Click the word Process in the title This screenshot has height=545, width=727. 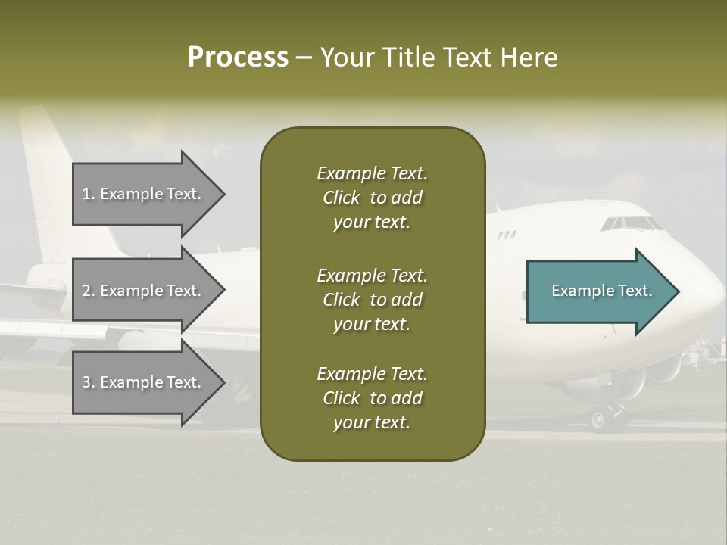(x=238, y=58)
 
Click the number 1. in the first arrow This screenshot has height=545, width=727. (x=89, y=194)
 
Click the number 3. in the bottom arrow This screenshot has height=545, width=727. (x=89, y=382)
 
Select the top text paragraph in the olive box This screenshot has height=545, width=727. (x=372, y=198)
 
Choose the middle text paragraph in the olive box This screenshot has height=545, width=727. (x=372, y=300)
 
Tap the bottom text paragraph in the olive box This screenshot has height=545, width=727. (x=372, y=398)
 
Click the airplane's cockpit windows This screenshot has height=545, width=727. (x=629, y=223)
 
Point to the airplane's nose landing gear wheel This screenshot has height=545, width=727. (x=598, y=419)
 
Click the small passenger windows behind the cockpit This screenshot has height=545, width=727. (x=506, y=235)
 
